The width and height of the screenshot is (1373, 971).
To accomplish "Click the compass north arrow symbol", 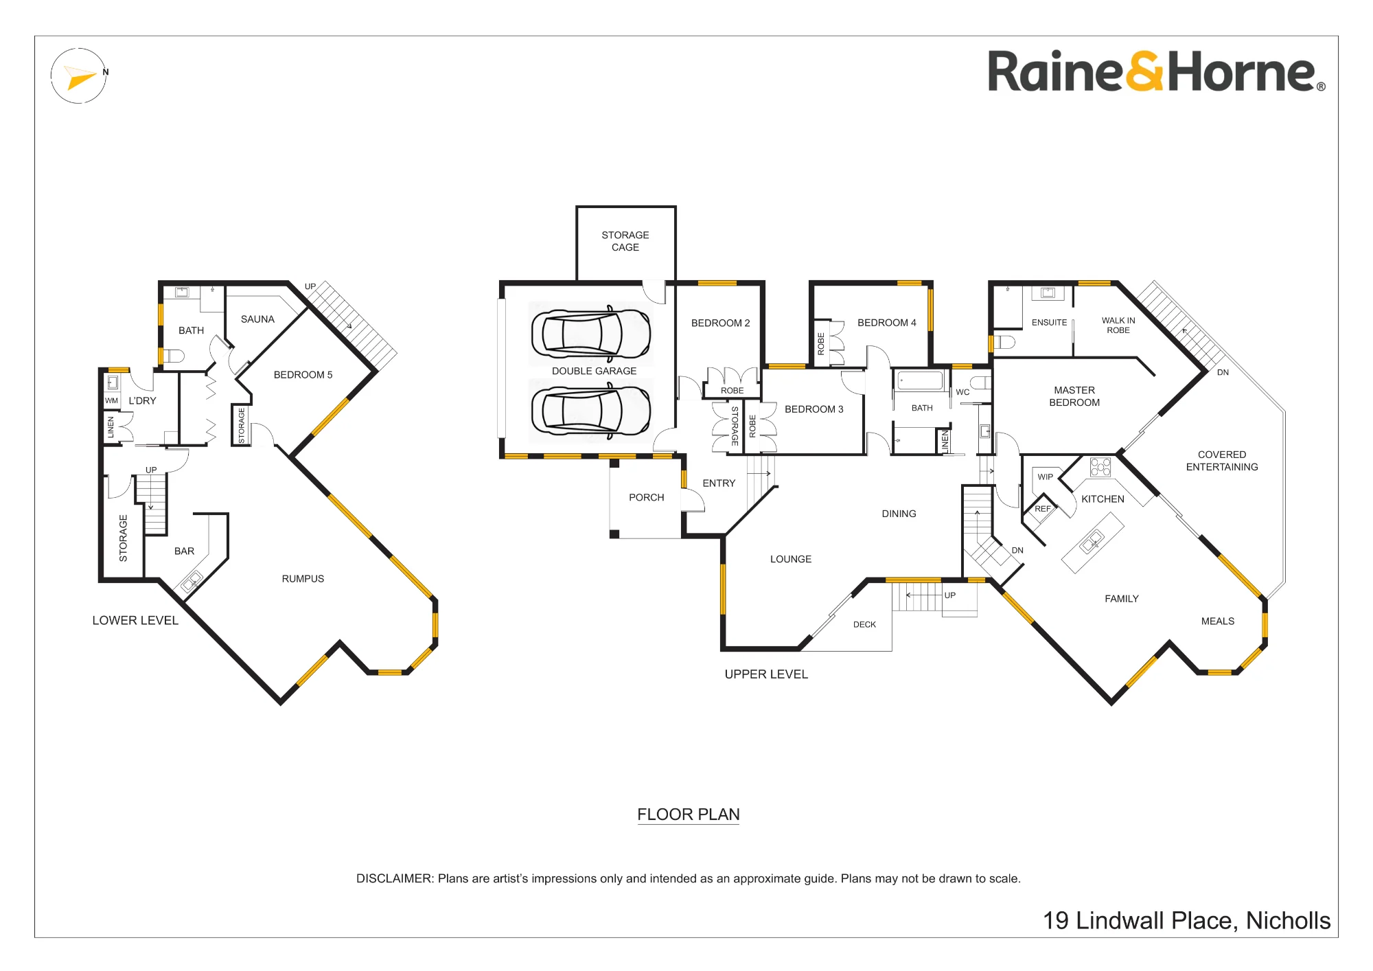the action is [80, 76].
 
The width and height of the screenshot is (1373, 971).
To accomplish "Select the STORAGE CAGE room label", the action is [625, 241].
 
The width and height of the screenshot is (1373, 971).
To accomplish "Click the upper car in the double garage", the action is [591, 334].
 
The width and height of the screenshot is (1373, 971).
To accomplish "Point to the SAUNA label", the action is [257, 319].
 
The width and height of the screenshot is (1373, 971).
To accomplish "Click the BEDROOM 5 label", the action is [303, 375].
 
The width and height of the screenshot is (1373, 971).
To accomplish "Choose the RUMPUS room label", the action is [303, 579].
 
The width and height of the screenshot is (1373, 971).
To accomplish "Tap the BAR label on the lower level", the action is [184, 551].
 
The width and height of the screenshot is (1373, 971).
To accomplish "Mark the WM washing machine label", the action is [111, 400].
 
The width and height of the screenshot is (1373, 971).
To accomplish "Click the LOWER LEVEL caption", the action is [135, 621].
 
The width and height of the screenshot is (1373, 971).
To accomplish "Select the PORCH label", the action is [647, 498].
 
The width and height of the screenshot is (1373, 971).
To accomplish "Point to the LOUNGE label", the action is [791, 560].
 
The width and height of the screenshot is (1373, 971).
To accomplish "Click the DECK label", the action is [864, 625].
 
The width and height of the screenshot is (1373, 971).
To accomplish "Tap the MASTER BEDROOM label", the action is [1074, 396].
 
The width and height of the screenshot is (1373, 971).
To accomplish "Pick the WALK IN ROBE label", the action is [1118, 325].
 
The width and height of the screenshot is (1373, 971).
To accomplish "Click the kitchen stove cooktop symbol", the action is [1100, 467].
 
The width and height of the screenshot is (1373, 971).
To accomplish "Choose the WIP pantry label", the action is [1045, 477].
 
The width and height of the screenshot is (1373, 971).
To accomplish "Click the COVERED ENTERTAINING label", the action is [1222, 461].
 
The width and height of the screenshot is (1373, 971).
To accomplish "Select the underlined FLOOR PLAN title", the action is [689, 815].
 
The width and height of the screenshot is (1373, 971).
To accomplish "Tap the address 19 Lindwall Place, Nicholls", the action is [1187, 921].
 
